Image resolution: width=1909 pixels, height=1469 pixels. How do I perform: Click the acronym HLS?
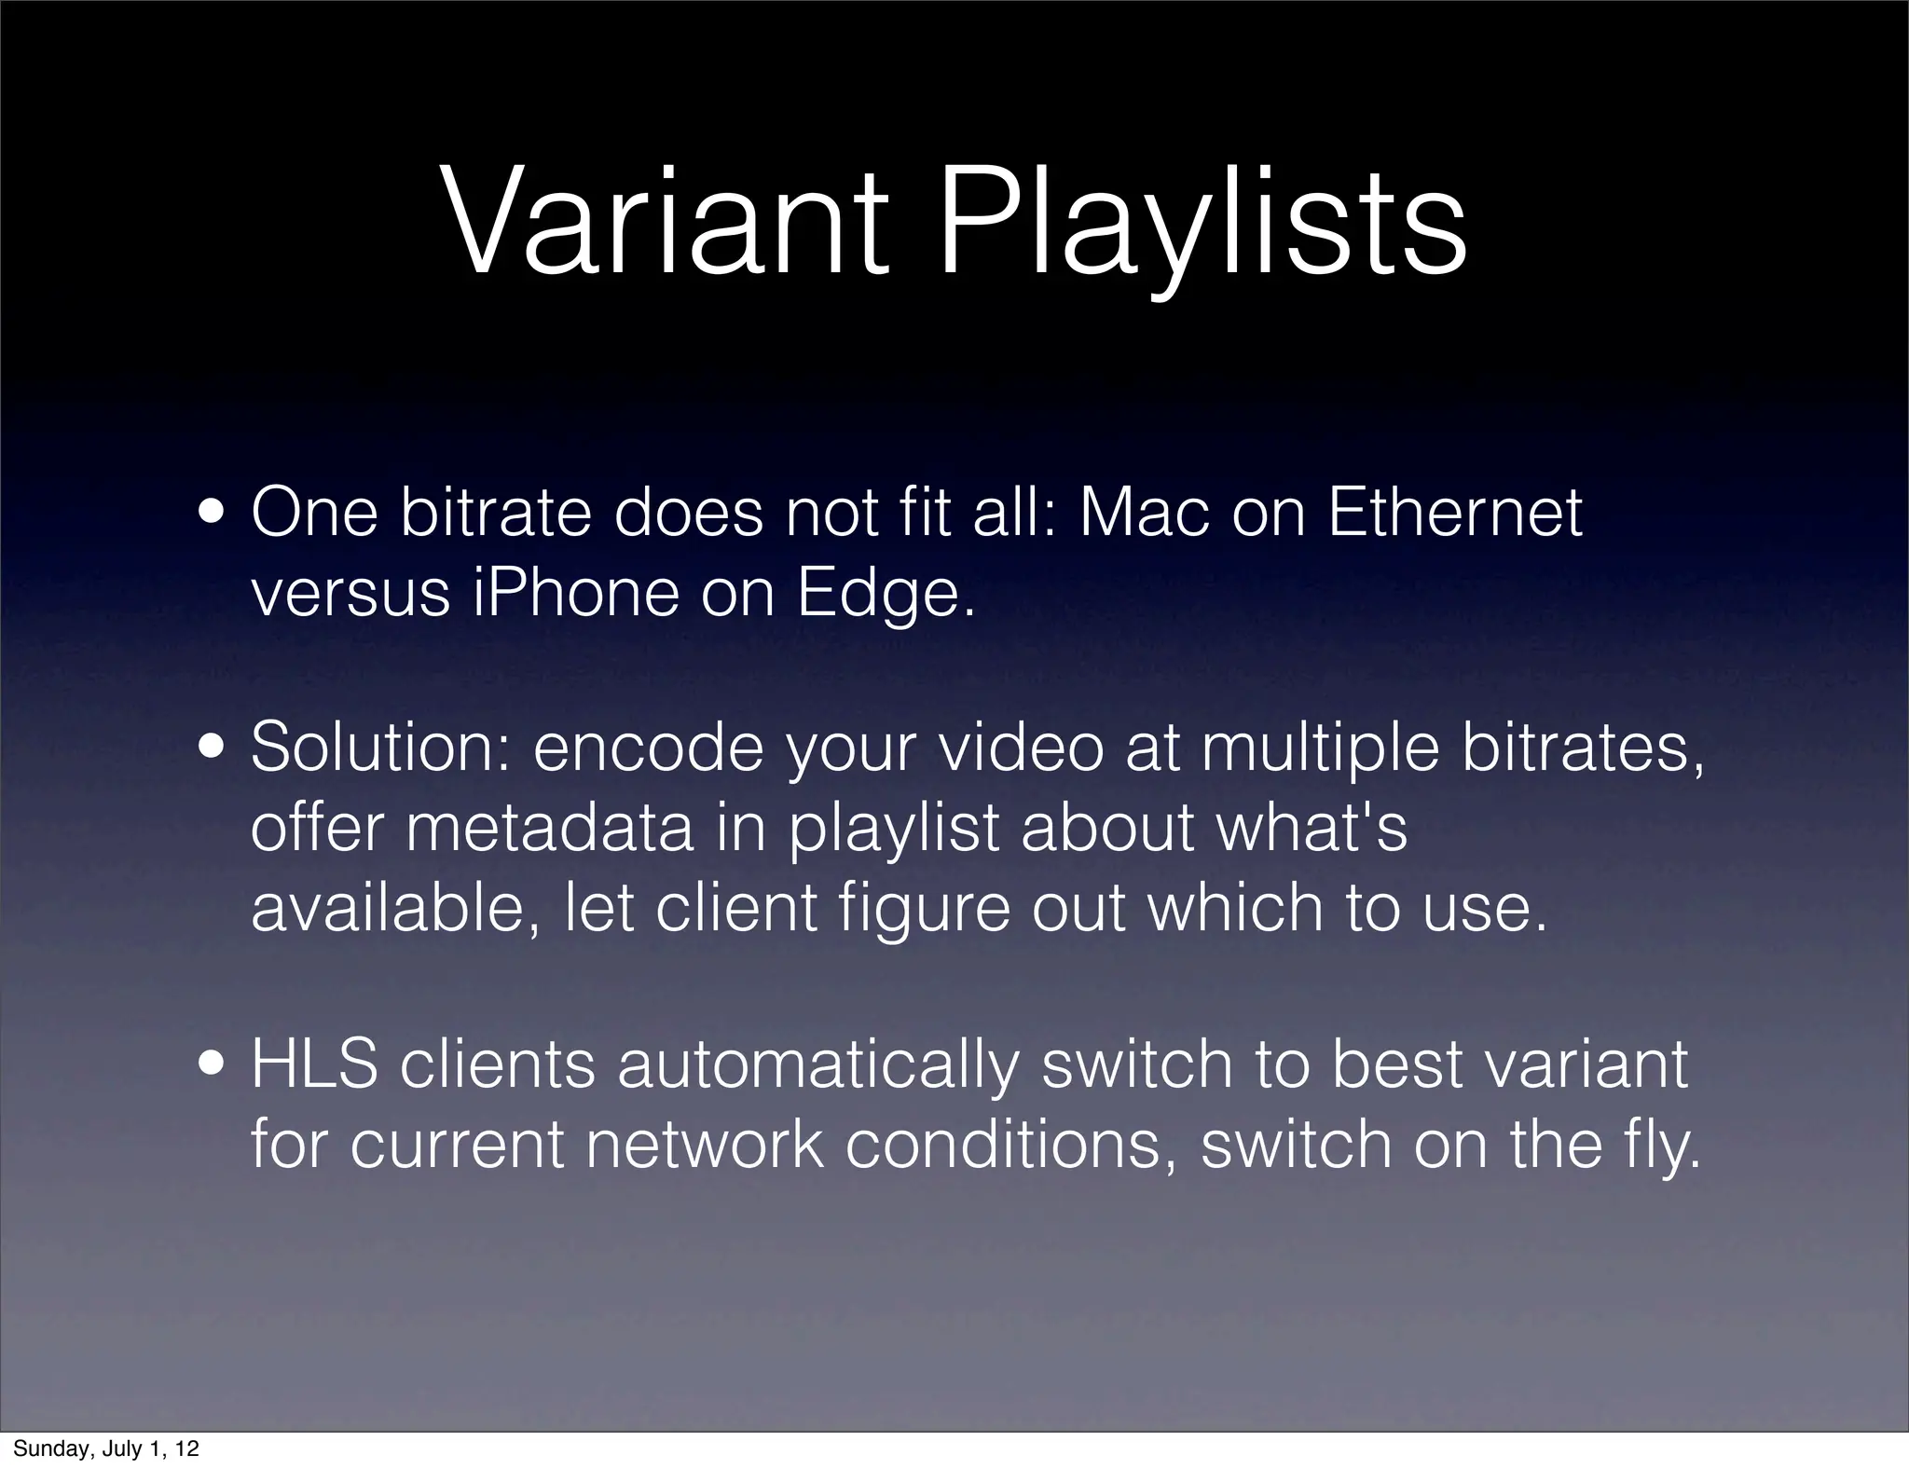pos(314,1064)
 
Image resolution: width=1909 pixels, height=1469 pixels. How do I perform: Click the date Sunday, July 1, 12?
pos(105,1448)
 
